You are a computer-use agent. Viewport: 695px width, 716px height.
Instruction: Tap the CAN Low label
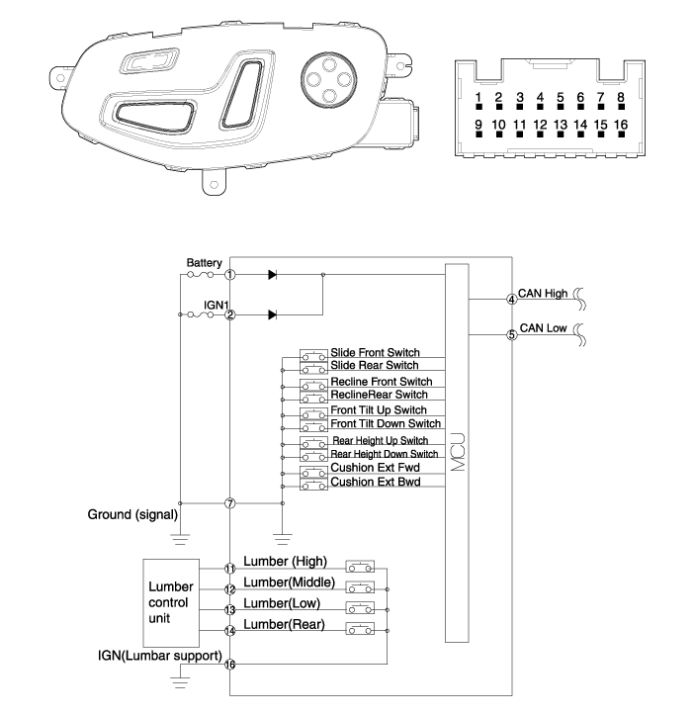[x=542, y=329]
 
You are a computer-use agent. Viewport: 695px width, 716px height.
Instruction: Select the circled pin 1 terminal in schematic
[x=229, y=274]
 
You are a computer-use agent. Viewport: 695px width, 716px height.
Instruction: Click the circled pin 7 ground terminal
[x=229, y=503]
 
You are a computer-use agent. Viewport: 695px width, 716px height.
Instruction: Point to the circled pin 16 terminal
[x=229, y=665]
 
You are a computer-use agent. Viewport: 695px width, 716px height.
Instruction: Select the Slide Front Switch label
[x=376, y=352]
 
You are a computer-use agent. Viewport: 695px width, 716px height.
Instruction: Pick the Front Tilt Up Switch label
[x=380, y=409]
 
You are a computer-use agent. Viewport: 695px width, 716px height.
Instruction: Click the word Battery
[x=204, y=263]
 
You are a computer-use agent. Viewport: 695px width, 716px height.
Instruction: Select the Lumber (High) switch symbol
[x=361, y=568]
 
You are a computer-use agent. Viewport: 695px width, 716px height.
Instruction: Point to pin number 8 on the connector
[x=621, y=98]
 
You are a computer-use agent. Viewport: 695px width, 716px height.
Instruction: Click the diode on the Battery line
[x=272, y=274]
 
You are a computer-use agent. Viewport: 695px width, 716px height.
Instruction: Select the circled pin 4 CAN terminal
[x=511, y=299]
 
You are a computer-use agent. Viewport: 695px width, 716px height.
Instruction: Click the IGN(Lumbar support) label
[x=159, y=655]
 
